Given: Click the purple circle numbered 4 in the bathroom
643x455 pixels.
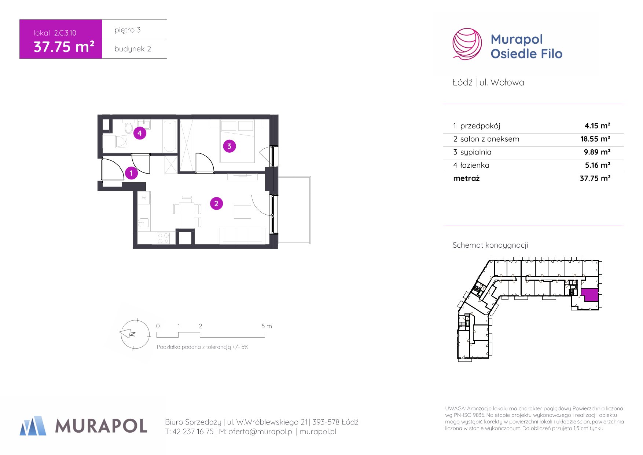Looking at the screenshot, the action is pos(140,133).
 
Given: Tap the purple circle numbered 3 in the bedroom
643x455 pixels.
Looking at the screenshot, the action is pos(229,146).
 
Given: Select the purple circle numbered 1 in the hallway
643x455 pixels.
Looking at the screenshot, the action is pos(131,173).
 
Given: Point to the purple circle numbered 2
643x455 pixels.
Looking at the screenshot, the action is pos(216,203).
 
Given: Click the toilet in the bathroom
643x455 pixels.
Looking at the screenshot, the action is pos(128,127).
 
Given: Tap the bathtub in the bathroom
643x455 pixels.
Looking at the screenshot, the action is pos(170,136).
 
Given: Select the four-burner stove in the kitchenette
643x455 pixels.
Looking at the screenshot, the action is pos(163,238).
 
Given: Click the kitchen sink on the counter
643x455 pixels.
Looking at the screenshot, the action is pos(143,222).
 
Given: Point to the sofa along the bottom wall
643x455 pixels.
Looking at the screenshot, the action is pos(243,236).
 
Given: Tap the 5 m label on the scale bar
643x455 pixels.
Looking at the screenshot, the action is pos(267,326).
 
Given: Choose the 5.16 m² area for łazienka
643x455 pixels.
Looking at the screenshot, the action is pos(598,165).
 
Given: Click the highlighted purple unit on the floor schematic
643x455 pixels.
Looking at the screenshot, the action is pos(590,294).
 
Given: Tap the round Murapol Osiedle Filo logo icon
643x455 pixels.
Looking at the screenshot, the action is pos(467,44).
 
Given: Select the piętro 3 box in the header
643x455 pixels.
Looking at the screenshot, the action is pos(135,29).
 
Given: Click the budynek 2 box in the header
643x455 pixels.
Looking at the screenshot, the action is pos(135,49).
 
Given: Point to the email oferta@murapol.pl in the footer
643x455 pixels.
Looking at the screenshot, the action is pos(261,432).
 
